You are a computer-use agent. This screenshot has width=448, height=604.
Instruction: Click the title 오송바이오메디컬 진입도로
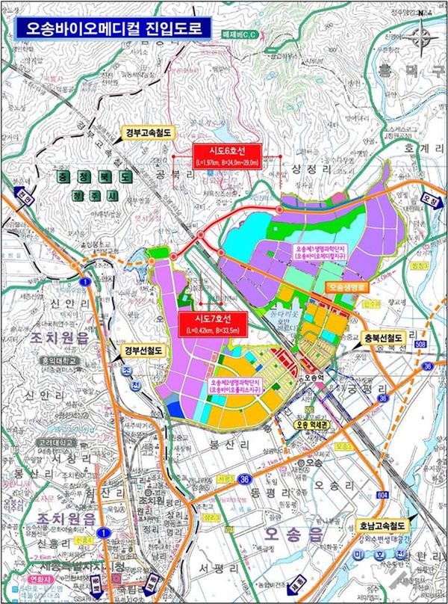point(105,28)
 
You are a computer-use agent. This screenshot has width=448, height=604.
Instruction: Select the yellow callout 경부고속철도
point(147,135)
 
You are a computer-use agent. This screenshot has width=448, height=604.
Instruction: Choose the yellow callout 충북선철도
point(383,339)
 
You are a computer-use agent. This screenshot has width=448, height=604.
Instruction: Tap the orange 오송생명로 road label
point(347,287)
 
